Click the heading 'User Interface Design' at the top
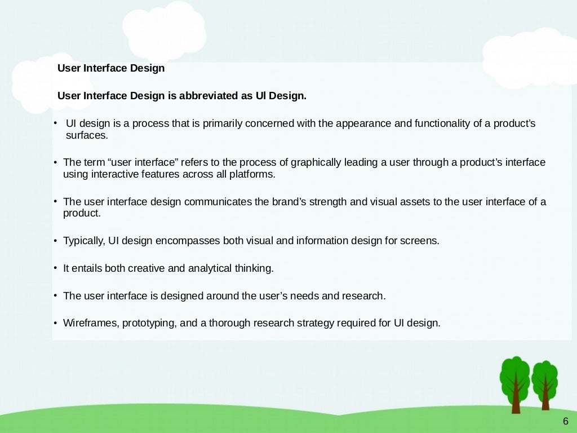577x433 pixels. [111, 68]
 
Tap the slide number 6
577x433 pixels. [566, 421]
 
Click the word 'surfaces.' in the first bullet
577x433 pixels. [86, 136]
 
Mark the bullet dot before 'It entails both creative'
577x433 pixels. [55, 268]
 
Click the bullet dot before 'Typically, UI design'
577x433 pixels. [55, 241]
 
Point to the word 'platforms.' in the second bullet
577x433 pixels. [252, 174]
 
